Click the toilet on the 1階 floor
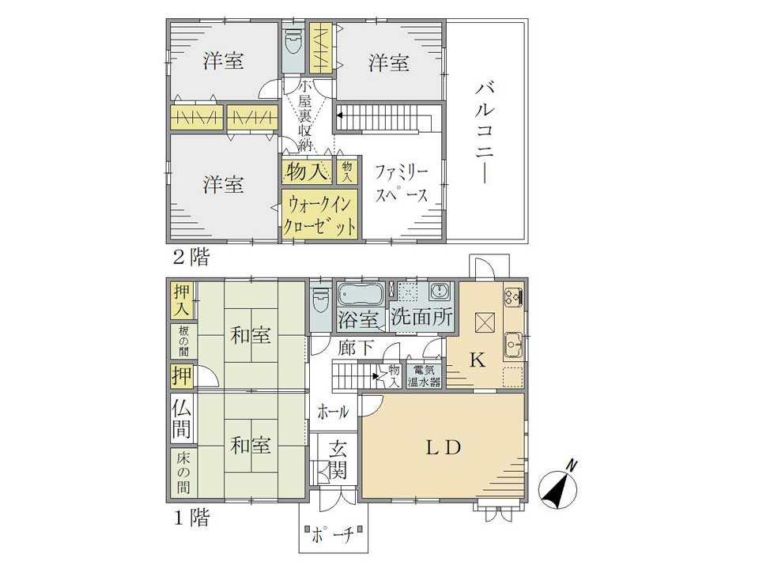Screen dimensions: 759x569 (x=320, y=301)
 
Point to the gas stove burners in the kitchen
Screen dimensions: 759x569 (x=513, y=295)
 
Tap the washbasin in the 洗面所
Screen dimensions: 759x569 (x=440, y=292)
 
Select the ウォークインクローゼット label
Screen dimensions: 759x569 (x=320, y=215)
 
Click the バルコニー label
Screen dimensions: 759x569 (x=484, y=134)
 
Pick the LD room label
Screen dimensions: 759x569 (x=443, y=447)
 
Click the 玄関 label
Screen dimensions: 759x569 (x=338, y=460)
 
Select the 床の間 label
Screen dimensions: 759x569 (x=183, y=473)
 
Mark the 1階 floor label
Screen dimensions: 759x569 (x=191, y=518)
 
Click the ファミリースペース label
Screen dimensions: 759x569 (x=402, y=183)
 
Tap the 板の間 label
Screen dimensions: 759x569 (x=183, y=341)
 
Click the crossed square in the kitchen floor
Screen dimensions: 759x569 (x=485, y=322)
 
